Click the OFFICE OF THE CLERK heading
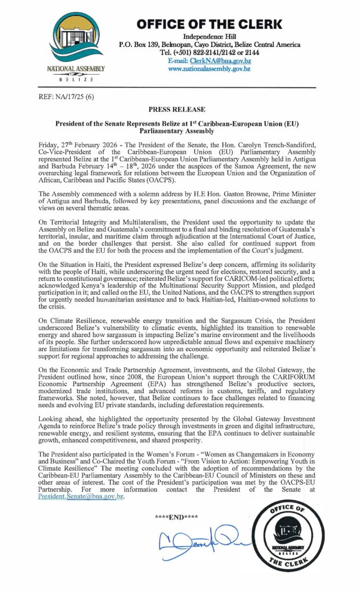point(210,24)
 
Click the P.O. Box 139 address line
point(210,45)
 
